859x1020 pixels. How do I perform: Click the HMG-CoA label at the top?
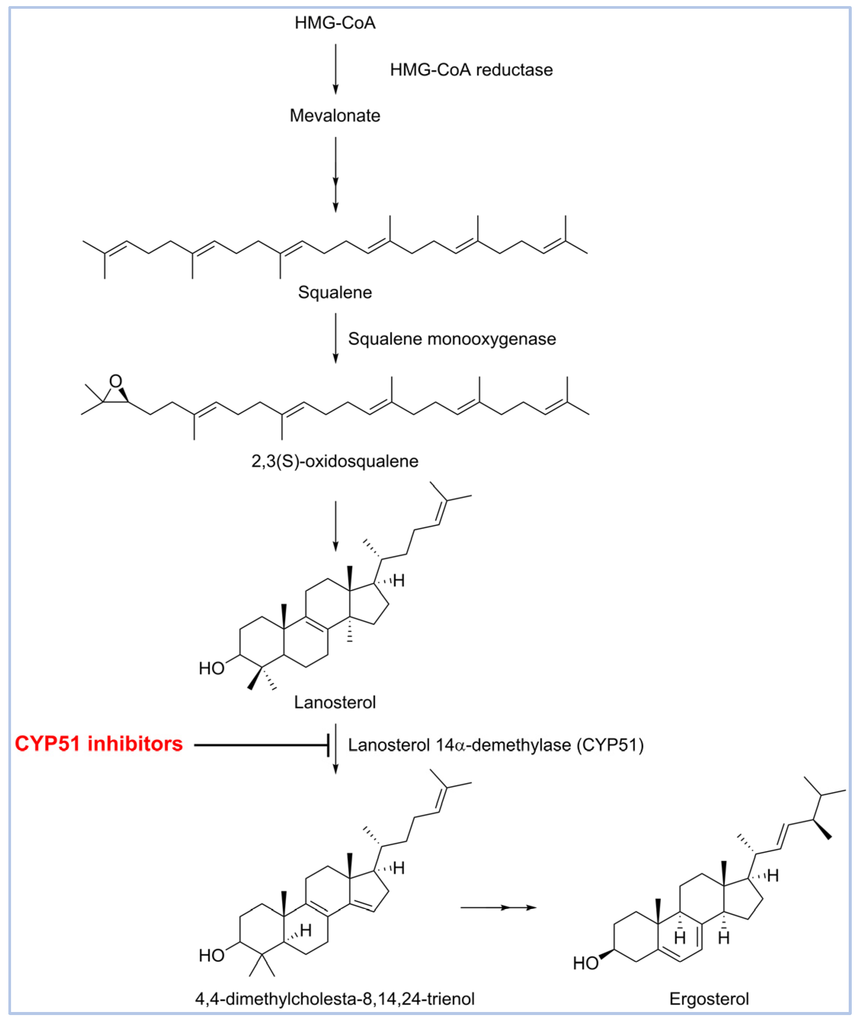point(335,23)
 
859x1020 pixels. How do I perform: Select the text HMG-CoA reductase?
point(471,70)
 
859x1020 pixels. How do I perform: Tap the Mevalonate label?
point(335,115)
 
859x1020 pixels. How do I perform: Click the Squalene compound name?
point(335,292)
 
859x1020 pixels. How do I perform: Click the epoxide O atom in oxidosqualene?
point(115,381)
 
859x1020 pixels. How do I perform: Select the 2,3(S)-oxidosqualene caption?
point(335,461)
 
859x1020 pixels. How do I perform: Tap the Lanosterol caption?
point(335,702)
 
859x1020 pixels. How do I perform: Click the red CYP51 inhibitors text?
point(99,744)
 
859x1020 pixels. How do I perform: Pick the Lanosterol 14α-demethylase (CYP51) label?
point(495,745)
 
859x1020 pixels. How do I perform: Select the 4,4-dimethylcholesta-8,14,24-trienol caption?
point(335,999)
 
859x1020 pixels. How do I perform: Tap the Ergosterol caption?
point(709,999)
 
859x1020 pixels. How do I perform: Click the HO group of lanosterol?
point(211,668)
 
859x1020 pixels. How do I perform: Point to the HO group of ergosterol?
point(585,963)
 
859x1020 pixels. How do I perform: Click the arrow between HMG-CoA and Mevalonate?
point(335,69)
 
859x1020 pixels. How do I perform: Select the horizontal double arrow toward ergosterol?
point(499,908)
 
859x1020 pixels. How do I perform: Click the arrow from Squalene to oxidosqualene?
point(335,338)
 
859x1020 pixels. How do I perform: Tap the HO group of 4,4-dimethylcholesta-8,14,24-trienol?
point(211,956)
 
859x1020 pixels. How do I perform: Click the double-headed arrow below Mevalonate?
point(335,175)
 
